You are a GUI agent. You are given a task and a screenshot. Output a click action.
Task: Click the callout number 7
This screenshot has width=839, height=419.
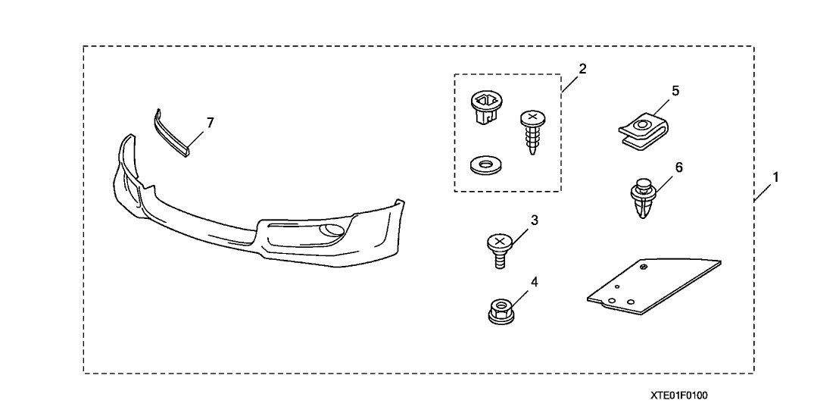(211, 123)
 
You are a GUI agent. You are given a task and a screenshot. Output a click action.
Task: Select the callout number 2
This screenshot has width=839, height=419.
(582, 68)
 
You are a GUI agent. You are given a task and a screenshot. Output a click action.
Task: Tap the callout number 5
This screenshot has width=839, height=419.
(675, 90)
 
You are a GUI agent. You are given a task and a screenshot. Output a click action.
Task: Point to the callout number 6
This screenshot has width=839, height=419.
(678, 167)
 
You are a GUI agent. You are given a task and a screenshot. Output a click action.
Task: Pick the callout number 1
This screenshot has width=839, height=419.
(775, 177)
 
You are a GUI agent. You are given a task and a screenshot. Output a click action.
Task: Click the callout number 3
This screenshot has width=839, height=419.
(534, 220)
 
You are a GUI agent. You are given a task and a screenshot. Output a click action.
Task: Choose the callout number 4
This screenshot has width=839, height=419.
(534, 281)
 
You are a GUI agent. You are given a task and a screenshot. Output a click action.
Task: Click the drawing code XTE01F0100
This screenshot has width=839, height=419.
(678, 396)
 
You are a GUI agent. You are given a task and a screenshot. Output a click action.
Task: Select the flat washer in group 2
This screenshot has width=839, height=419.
(484, 165)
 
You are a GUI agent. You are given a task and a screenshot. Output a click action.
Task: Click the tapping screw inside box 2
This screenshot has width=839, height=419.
(531, 132)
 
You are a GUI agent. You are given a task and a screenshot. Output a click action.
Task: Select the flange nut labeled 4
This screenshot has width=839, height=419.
(500, 311)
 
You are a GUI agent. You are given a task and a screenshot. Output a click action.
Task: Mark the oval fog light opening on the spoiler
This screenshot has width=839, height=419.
(331, 231)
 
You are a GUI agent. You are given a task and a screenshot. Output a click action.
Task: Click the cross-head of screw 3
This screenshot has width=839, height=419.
(499, 242)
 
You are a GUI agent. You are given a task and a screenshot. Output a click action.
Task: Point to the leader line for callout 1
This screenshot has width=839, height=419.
(763, 192)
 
